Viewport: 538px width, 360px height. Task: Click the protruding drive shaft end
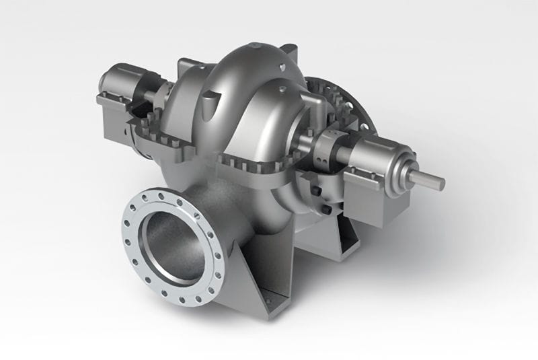[x=430, y=180]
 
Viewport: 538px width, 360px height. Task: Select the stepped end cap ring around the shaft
[x=404, y=168]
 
